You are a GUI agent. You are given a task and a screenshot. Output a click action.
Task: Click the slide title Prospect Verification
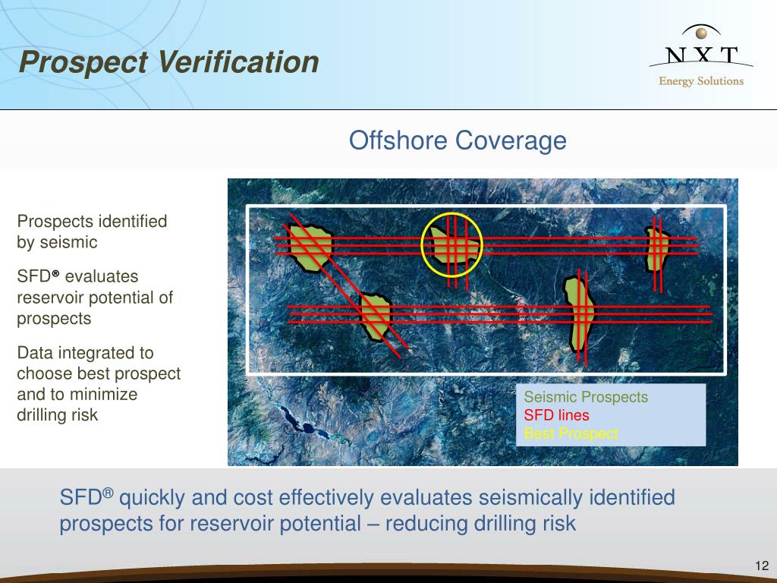(x=168, y=62)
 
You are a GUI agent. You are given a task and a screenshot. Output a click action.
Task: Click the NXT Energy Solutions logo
(x=700, y=57)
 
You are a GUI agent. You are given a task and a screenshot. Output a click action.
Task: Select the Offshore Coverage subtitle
(x=458, y=140)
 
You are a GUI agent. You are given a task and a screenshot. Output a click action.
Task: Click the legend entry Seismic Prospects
(x=586, y=397)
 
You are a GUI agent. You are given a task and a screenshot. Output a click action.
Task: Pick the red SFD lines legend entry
(x=556, y=415)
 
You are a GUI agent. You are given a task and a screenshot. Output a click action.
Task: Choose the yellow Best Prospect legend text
(x=571, y=433)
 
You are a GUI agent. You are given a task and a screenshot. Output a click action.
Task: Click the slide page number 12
(x=762, y=566)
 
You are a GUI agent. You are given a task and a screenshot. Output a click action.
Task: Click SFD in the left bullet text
(x=34, y=277)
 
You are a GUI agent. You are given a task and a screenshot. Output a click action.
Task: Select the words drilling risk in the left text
(x=58, y=415)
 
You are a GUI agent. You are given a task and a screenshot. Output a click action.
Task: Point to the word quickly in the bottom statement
(x=153, y=498)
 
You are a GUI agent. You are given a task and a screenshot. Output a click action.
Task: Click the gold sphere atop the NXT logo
(x=701, y=33)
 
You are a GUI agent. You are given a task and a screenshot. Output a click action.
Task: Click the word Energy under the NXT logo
(x=675, y=81)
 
